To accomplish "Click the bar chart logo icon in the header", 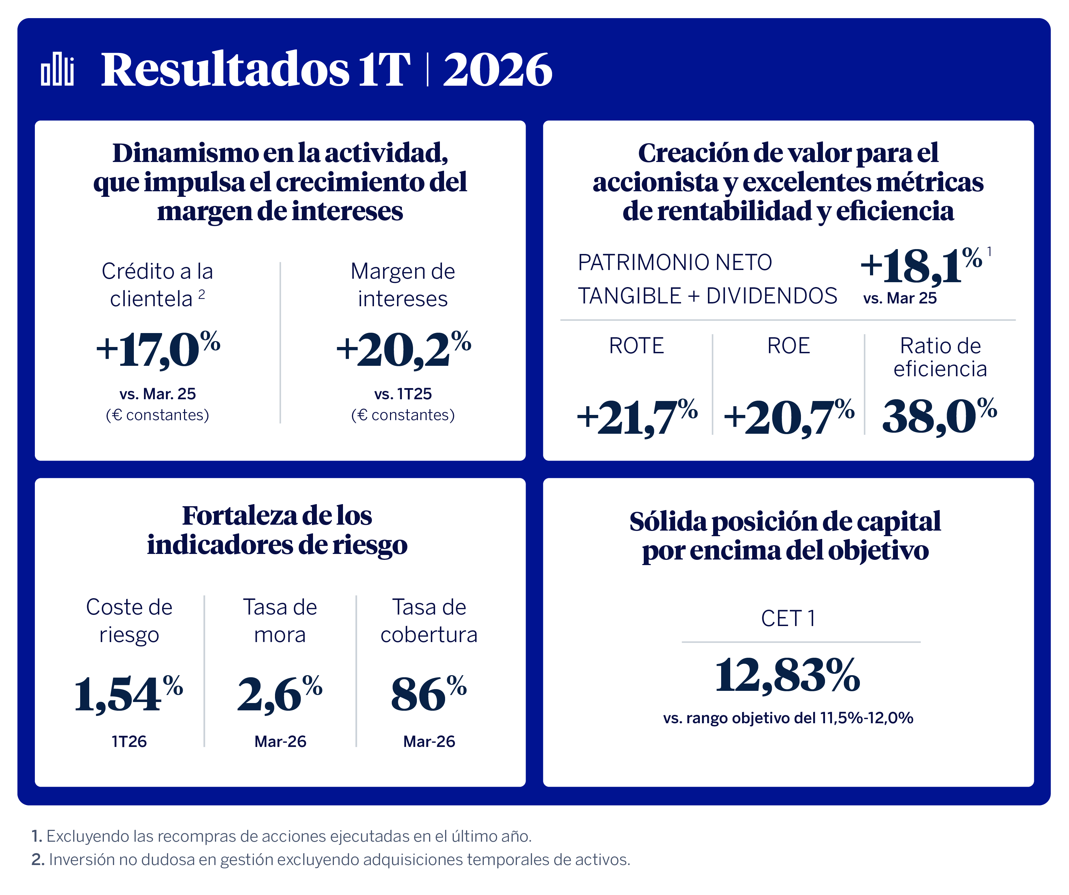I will click(x=58, y=69).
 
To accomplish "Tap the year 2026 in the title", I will click(x=497, y=70).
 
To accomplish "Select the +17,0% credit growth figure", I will click(x=158, y=349).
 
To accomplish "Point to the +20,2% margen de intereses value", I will click(x=403, y=349).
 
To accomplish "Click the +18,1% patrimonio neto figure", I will click(x=921, y=265).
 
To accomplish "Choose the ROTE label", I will click(x=636, y=346).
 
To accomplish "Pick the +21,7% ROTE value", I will click(x=637, y=417).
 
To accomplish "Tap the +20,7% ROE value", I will click(x=788, y=417).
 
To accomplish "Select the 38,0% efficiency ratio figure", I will click(x=939, y=416).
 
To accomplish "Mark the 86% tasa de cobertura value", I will click(x=429, y=694).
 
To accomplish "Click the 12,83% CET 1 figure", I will click(x=787, y=675).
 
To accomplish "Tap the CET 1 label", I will click(x=788, y=619).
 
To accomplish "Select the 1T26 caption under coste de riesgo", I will click(x=129, y=741).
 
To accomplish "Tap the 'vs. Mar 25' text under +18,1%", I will click(x=900, y=298).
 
